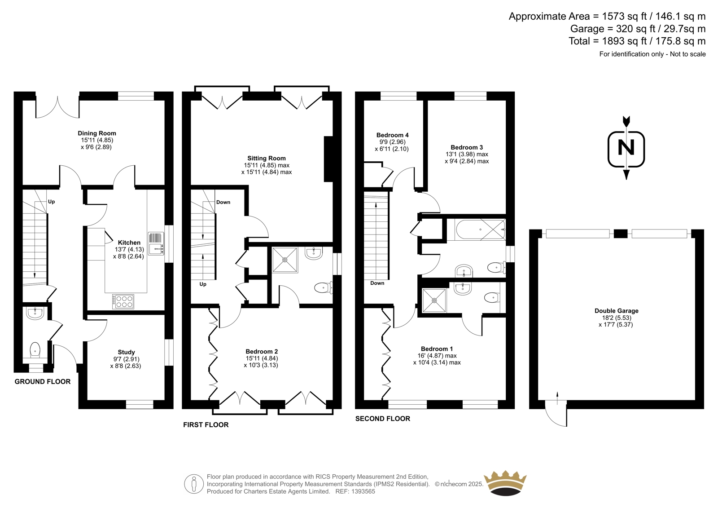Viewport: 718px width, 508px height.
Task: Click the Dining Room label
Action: [x=97, y=133]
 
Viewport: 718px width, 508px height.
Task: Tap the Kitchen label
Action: [x=129, y=243]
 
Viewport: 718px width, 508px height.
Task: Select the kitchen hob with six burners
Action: [x=123, y=302]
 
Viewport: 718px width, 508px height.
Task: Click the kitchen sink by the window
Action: [x=156, y=243]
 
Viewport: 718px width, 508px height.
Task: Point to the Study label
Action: [x=126, y=352]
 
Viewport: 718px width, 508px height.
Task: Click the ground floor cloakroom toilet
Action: [x=35, y=350]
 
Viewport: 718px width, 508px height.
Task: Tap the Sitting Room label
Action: [x=267, y=158]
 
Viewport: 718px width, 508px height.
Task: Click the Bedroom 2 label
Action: [x=262, y=351]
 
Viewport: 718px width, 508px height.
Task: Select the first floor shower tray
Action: [x=285, y=260]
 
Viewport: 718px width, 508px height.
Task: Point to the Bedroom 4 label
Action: [x=392, y=135]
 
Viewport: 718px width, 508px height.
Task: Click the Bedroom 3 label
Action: [x=467, y=147]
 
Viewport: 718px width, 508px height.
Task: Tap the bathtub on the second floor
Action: [x=480, y=230]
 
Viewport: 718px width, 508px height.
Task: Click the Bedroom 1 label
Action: [x=437, y=349]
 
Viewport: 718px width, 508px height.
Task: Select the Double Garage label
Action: [x=617, y=311]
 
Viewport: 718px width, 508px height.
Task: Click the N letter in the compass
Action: [x=626, y=148]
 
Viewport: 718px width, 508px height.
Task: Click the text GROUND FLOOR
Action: [x=43, y=382]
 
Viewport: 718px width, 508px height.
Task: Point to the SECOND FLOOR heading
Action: [x=383, y=419]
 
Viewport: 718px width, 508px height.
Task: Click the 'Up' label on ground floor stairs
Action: [x=51, y=202]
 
